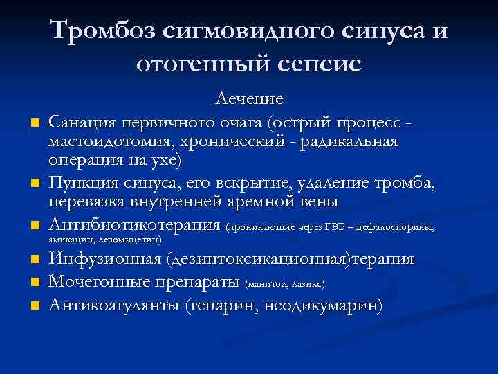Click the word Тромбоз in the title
103,31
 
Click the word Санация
91,123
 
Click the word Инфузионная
104,260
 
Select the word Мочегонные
100,283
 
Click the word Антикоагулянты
114,305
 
